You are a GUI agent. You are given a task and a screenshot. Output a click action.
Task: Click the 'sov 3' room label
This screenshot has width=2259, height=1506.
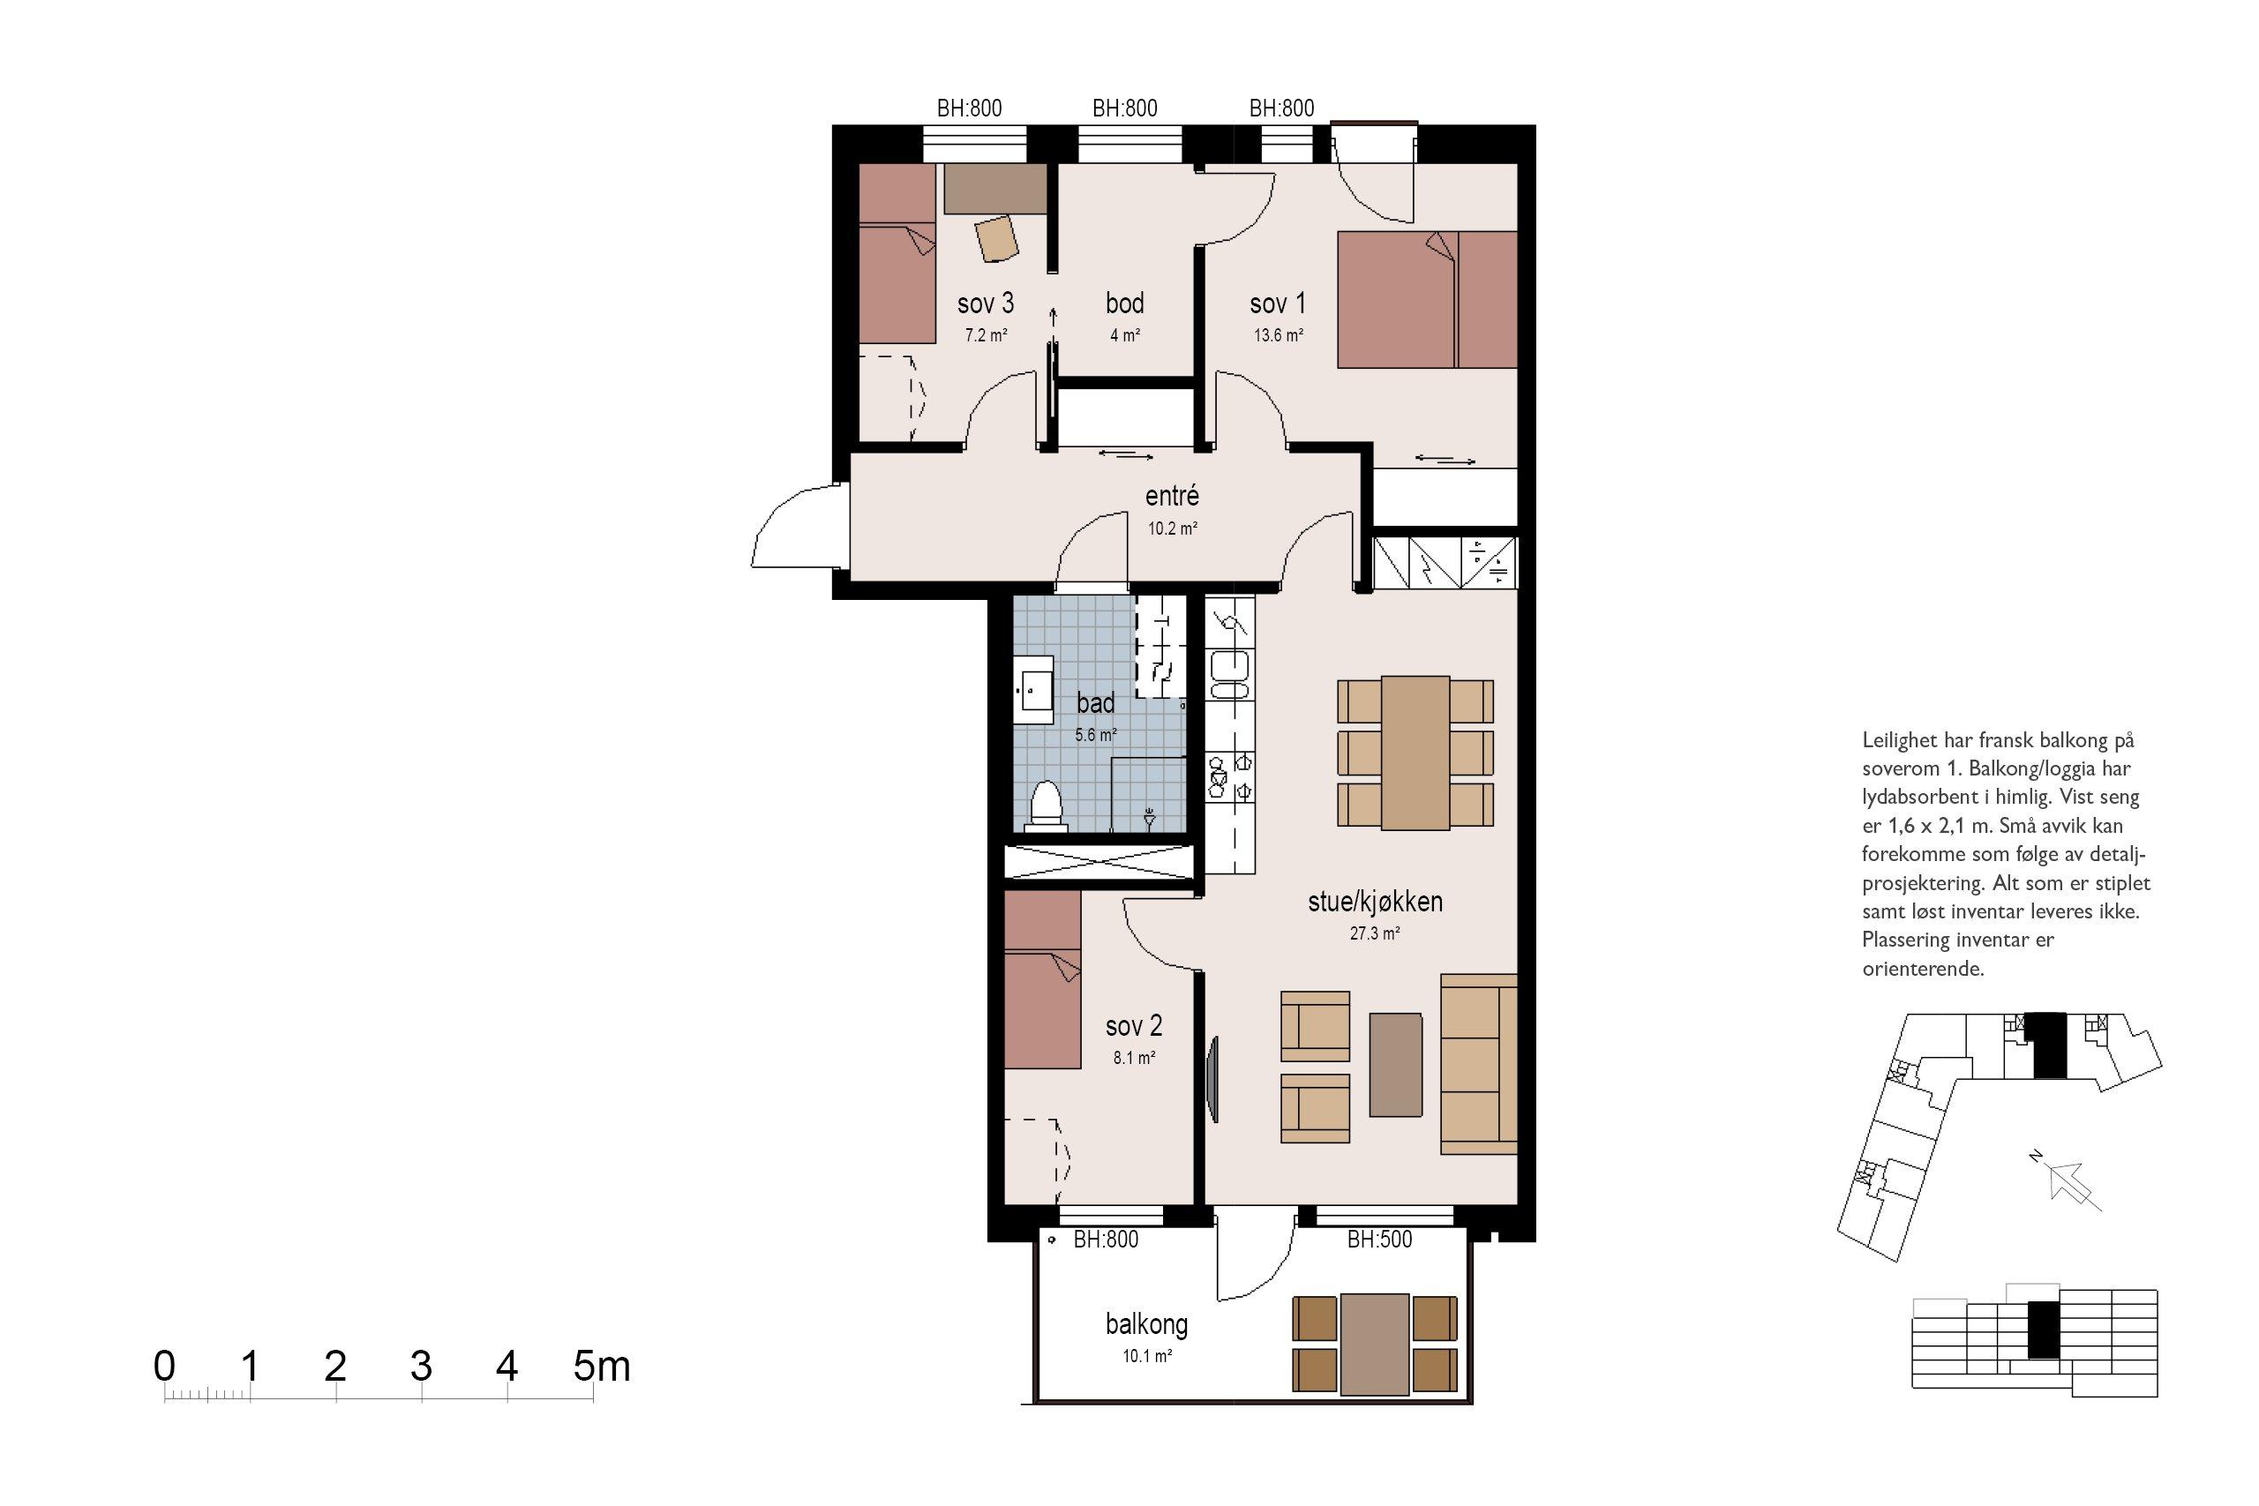pyautogui.click(x=986, y=303)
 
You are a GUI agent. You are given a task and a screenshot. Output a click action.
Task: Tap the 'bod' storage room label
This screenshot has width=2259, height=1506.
pyautogui.click(x=1125, y=303)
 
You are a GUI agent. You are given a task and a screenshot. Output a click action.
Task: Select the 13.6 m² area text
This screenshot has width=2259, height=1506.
pyautogui.click(x=1279, y=335)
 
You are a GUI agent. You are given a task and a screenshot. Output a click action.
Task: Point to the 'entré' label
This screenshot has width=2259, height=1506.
pyautogui.click(x=1172, y=496)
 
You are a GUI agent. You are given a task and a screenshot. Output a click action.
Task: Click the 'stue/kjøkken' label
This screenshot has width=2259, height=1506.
pyautogui.click(x=1376, y=901)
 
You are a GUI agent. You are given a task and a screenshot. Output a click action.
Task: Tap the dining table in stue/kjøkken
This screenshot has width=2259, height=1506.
pyautogui.click(x=1415, y=753)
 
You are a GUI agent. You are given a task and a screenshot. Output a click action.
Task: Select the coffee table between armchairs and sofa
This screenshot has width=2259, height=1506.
pyautogui.click(x=1395, y=1064)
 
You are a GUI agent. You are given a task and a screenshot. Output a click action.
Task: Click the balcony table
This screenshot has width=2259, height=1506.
pyautogui.click(x=1375, y=1344)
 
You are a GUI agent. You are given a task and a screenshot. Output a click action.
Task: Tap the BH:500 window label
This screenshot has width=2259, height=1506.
pyautogui.click(x=1379, y=1239)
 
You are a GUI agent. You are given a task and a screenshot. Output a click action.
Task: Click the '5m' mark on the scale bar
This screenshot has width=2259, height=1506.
pyautogui.click(x=601, y=1366)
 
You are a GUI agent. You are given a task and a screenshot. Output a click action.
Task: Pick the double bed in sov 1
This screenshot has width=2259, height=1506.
pyautogui.click(x=1427, y=299)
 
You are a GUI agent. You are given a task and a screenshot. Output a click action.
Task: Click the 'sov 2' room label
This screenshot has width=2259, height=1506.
pyautogui.click(x=1133, y=1026)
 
